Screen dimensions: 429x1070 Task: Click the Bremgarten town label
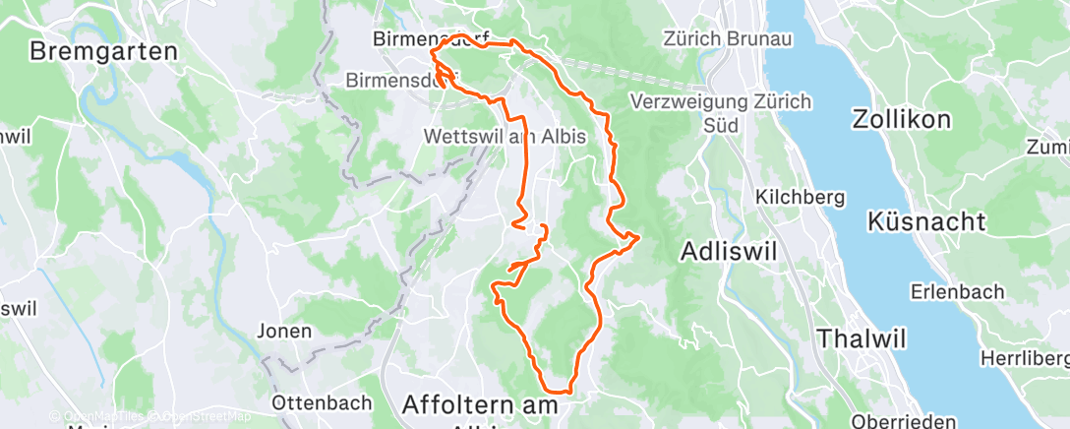pos(103,51)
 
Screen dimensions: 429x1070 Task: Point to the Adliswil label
pos(728,252)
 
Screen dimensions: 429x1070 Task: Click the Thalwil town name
pos(858,337)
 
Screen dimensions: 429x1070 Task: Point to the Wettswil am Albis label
pos(505,137)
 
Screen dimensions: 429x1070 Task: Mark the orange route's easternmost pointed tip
pos(639,236)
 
